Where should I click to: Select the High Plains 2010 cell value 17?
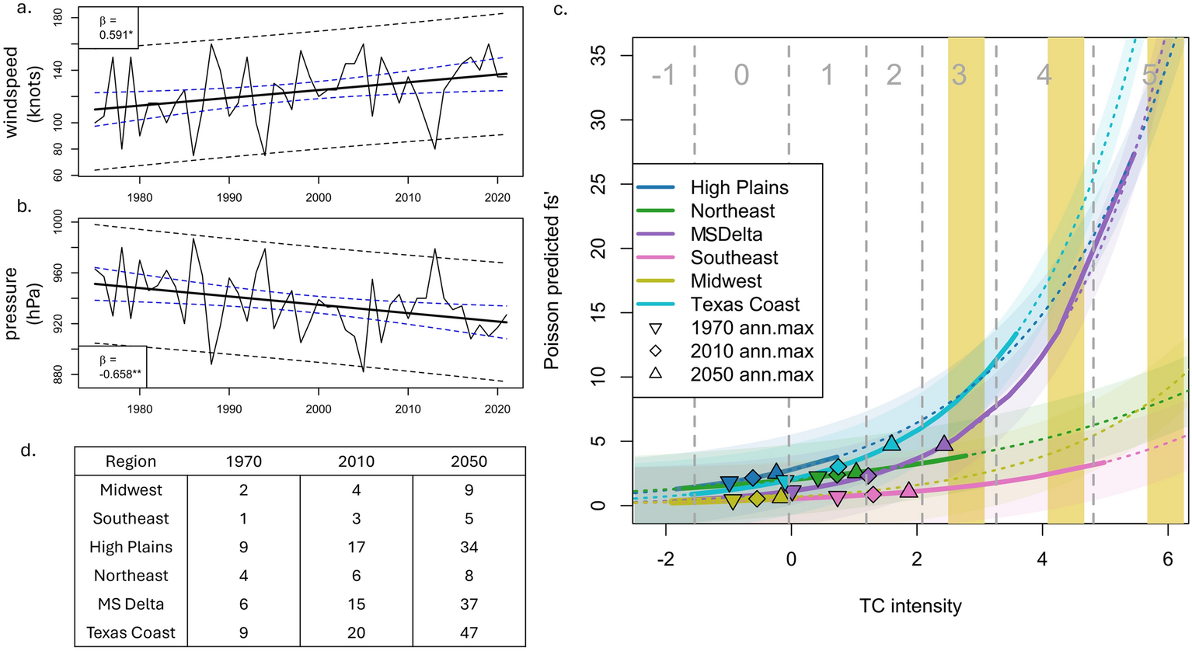click(x=356, y=547)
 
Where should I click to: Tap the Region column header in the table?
click(x=131, y=461)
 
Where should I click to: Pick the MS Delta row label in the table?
click(x=131, y=604)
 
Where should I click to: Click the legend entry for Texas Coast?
click(x=744, y=305)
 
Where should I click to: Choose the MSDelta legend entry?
click(x=726, y=235)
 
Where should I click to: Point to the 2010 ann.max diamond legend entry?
click(x=751, y=351)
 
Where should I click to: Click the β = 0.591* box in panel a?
click(x=108, y=28)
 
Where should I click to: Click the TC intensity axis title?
click(x=909, y=605)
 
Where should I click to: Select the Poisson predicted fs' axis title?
click(x=552, y=280)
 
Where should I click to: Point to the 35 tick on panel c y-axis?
click(x=599, y=55)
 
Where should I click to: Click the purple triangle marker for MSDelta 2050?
click(x=943, y=443)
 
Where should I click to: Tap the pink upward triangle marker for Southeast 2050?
click(x=909, y=489)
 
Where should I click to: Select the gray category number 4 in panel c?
click(x=1044, y=75)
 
